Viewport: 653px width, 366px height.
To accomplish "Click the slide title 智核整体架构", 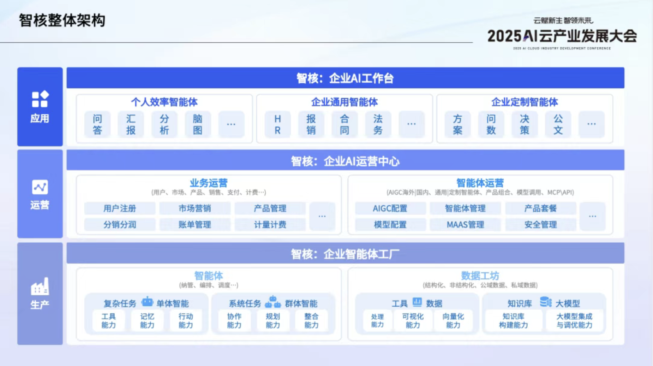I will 62,20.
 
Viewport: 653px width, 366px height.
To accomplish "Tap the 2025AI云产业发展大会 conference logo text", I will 562,36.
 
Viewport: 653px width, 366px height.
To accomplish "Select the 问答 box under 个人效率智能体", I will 97,124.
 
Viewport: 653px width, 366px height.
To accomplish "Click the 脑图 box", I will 198,124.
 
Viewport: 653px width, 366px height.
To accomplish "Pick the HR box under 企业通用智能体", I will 277,124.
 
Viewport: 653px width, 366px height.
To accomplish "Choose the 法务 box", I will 378,124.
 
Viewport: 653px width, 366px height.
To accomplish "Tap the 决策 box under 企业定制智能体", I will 524,124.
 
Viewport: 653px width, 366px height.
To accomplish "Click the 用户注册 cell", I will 120,208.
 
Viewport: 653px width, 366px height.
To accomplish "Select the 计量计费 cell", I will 270,224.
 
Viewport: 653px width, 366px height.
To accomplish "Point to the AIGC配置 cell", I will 390,208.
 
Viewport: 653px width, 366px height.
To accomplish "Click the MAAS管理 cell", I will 465,224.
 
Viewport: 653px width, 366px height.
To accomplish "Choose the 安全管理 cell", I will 540,224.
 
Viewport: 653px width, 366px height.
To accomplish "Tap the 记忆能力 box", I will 147,320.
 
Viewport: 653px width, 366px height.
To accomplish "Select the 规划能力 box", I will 273,320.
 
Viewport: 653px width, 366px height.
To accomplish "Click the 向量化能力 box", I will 453,320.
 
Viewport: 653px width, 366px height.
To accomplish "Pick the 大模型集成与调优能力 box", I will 574,320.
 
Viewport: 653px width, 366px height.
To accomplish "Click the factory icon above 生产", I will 40,286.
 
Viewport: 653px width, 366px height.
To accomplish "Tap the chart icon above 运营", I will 40,187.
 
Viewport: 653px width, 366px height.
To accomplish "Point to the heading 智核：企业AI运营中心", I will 345,161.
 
